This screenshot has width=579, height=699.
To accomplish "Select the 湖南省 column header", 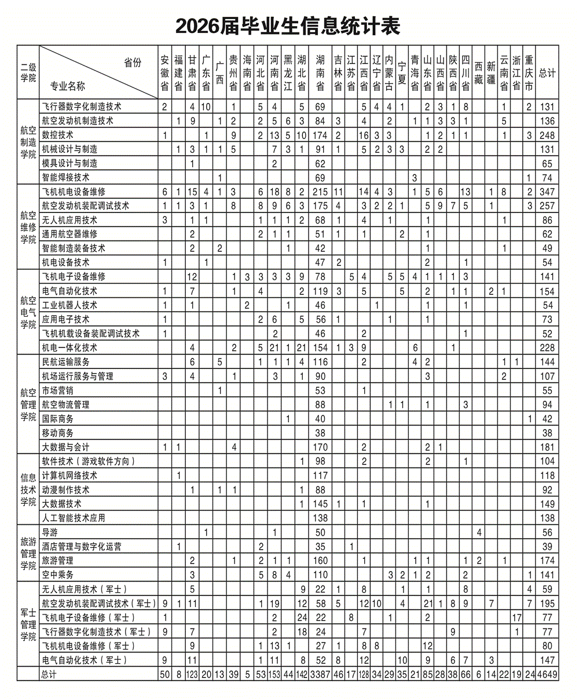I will point(320,72).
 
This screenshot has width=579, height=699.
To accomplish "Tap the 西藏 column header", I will point(478,72).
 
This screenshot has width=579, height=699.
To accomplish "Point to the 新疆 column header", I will point(491,72).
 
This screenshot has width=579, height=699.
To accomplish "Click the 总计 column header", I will point(547,73).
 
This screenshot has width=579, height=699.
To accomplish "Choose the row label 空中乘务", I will point(58,574).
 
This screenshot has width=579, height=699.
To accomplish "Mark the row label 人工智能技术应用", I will point(74,518).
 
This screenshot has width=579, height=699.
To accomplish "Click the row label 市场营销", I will point(58,390).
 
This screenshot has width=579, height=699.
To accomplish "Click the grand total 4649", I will point(547,674).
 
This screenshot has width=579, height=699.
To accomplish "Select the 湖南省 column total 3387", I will point(320,674).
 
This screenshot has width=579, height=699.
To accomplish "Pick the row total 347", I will point(547,192).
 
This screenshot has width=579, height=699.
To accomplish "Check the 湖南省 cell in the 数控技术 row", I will point(320,135).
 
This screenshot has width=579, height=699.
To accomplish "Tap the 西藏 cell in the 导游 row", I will point(479,532).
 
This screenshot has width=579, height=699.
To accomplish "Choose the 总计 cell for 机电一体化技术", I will point(547,347).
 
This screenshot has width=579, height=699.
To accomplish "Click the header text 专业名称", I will point(68,86).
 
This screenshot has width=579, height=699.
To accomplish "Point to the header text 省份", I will point(133,63).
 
